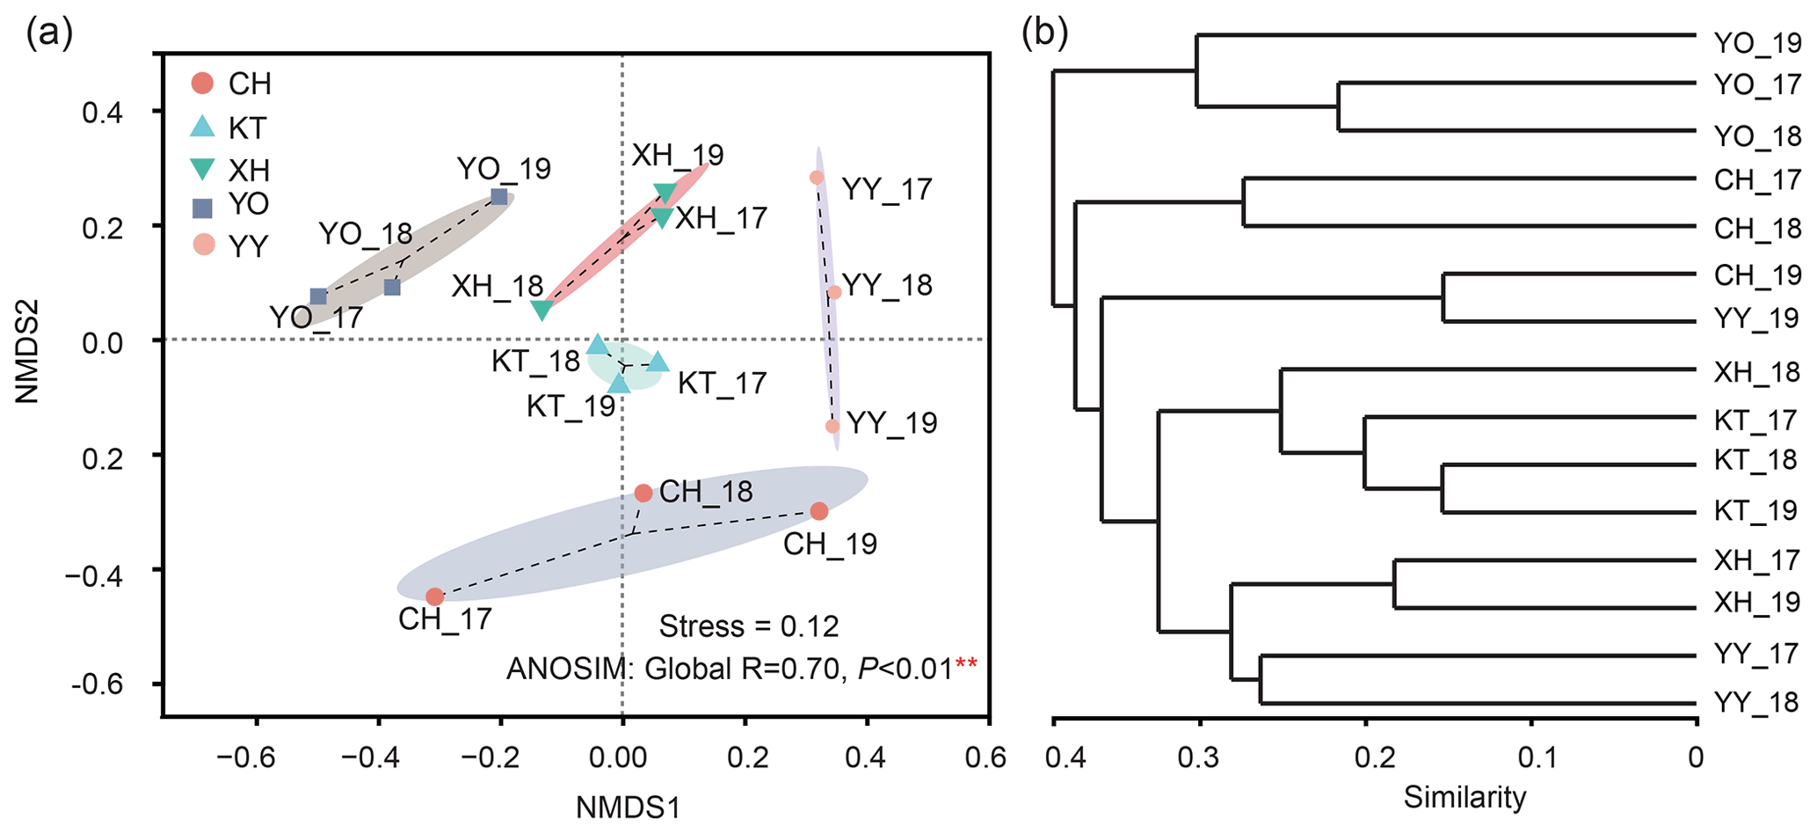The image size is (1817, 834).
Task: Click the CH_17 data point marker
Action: click(x=434, y=596)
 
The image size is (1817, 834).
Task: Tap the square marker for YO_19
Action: click(x=499, y=196)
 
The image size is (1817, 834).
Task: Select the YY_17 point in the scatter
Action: click(x=817, y=177)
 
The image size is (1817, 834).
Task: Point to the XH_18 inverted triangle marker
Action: click(x=542, y=310)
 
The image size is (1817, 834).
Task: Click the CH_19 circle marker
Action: click(x=819, y=511)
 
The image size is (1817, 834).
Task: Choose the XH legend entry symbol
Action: click(x=203, y=168)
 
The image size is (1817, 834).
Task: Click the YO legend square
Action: click(x=203, y=208)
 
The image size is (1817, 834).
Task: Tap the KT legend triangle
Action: click(x=203, y=127)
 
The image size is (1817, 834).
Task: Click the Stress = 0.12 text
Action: click(x=749, y=626)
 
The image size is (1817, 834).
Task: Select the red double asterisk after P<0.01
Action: click(x=966, y=668)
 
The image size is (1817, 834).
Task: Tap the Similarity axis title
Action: click(x=1465, y=797)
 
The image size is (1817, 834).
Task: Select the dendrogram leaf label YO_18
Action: click(x=1757, y=136)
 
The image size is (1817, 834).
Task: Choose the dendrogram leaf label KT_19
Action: click(x=1755, y=511)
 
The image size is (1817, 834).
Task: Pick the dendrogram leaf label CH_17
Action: click(x=1757, y=180)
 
